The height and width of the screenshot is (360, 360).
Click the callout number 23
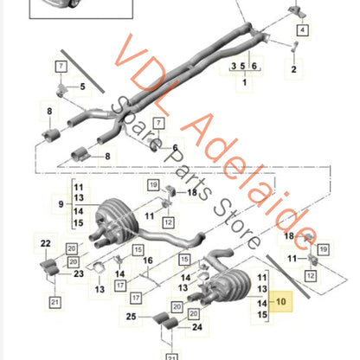80,274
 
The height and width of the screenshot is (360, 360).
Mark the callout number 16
148,260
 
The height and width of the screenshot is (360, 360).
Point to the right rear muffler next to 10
237,285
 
